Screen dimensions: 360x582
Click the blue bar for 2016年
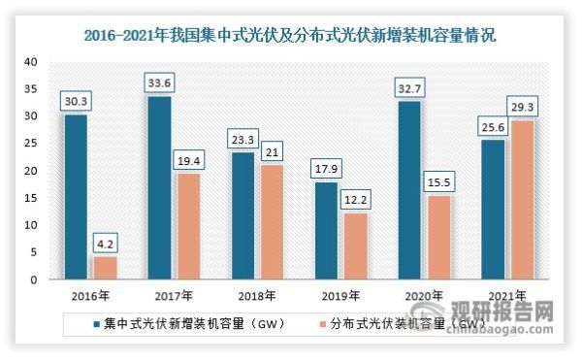pos(77,197)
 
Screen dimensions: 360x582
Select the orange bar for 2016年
pos(104,268)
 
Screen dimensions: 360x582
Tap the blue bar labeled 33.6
pos(158,188)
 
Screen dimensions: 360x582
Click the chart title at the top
pos(291,37)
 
